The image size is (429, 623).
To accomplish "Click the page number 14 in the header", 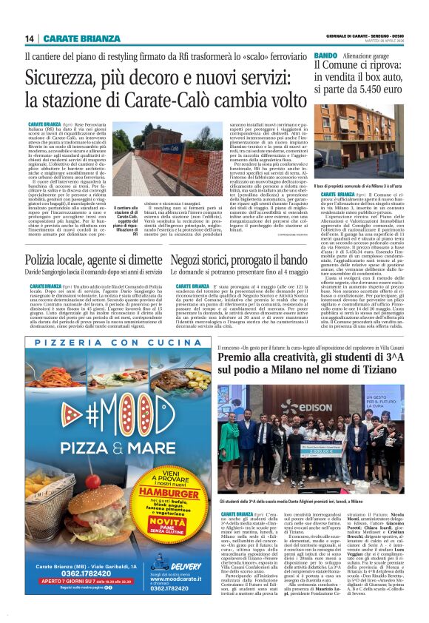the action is pyautogui.click(x=30, y=38).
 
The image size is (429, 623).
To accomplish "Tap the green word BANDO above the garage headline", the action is pyautogui.click(x=325, y=56).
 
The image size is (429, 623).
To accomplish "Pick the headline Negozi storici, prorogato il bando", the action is pyautogui.click(x=237, y=260).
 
